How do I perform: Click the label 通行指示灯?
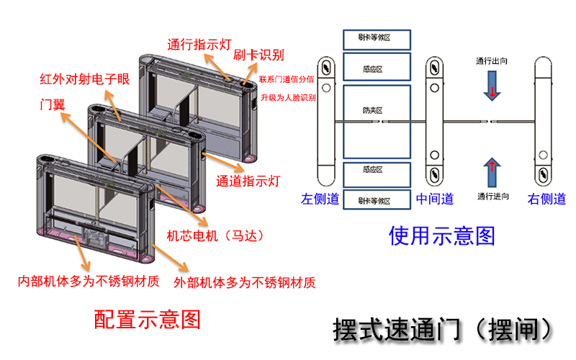pyautogui.click(x=199, y=43)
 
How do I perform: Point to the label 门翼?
pyautogui.click(x=52, y=104)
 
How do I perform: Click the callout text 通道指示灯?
pyautogui.click(x=248, y=181)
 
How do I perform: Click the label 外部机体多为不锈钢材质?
pyautogui.click(x=245, y=282)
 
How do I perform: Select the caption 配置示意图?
pyautogui.click(x=148, y=319)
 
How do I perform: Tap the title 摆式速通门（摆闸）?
pyautogui.click(x=444, y=328)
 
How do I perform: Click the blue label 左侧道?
pyautogui.click(x=320, y=199)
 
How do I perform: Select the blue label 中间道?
pyautogui.click(x=435, y=199)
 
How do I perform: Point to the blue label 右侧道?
pyautogui.click(x=547, y=199)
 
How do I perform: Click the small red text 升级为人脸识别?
pyautogui.click(x=287, y=97)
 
